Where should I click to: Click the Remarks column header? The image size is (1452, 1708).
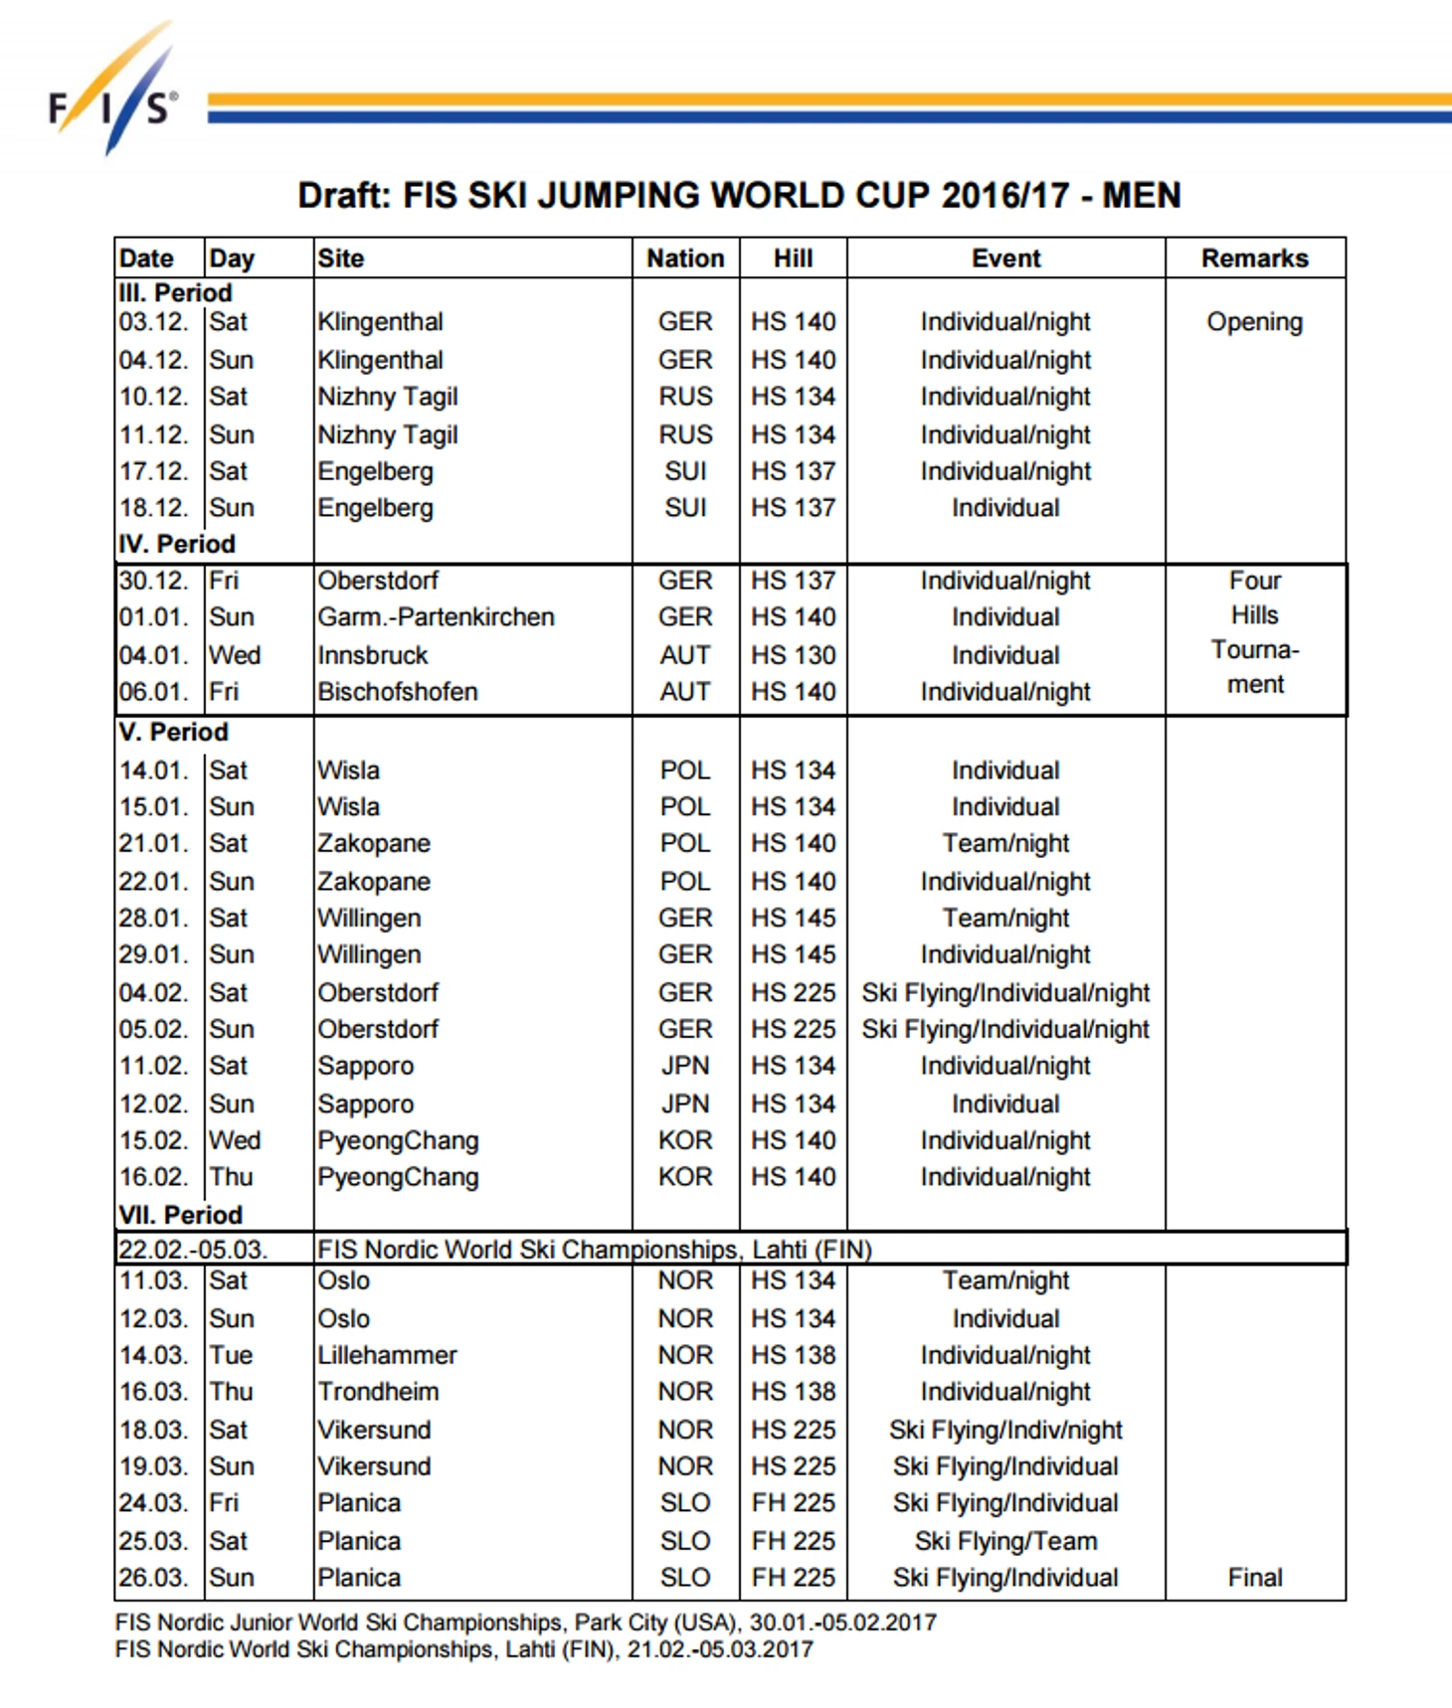click(1254, 258)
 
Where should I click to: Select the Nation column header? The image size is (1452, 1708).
click(685, 258)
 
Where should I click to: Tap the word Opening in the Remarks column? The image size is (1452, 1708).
click(1254, 322)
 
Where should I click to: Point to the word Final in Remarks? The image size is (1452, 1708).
click(1255, 1578)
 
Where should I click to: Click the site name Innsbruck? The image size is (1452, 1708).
click(373, 655)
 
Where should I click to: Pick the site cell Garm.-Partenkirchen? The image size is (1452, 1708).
click(436, 617)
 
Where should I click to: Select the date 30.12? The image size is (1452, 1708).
click(153, 581)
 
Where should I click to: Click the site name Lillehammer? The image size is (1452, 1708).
click(387, 1355)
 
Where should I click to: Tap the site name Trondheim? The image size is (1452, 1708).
click(378, 1392)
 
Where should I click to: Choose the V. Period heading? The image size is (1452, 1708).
click(174, 733)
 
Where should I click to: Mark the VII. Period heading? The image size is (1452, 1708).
click(180, 1215)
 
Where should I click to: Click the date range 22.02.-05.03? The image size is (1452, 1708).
click(193, 1250)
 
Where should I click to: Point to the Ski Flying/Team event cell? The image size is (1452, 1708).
click(1005, 1541)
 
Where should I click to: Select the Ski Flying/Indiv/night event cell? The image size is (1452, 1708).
click(1005, 1430)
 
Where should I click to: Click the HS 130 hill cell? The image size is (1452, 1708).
click(793, 655)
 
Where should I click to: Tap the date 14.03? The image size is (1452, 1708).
click(153, 1355)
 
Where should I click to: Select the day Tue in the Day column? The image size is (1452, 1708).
click(231, 1355)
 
